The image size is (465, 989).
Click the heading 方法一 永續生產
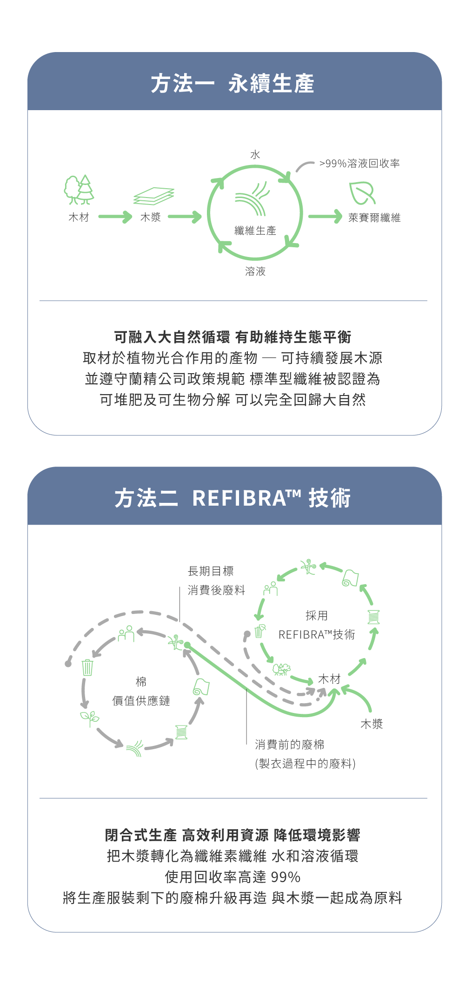pyautogui.click(x=232, y=84)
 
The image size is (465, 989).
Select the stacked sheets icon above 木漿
pyautogui.click(x=153, y=196)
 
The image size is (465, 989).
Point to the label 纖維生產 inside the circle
pyautogui.click(x=255, y=231)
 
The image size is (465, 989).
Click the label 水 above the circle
pyautogui.click(x=255, y=155)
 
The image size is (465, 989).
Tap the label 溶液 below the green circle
pyautogui.click(x=255, y=271)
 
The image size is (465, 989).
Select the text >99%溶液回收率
pyautogui.click(x=359, y=164)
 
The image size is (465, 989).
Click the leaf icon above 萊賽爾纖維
pyautogui.click(x=362, y=193)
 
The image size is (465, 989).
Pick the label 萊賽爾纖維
pyautogui.click(x=374, y=218)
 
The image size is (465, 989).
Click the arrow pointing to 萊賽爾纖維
pyautogui.click(x=325, y=216)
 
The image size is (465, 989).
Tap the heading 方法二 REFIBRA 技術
pyautogui.click(x=232, y=498)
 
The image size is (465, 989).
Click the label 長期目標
pyautogui.click(x=211, y=571)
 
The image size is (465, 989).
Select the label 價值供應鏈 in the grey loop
pyautogui.click(x=141, y=701)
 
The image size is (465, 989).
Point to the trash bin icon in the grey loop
pyautogui.click(x=87, y=667)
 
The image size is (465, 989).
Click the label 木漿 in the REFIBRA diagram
pyautogui.click(x=372, y=724)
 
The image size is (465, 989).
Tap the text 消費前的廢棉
pyautogui.click(x=290, y=745)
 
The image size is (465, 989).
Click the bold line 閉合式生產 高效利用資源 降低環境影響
pyautogui.click(x=232, y=835)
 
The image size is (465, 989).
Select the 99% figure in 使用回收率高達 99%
pyautogui.click(x=286, y=877)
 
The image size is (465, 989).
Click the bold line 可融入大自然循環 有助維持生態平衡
pyautogui.click(x=232, y=337)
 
